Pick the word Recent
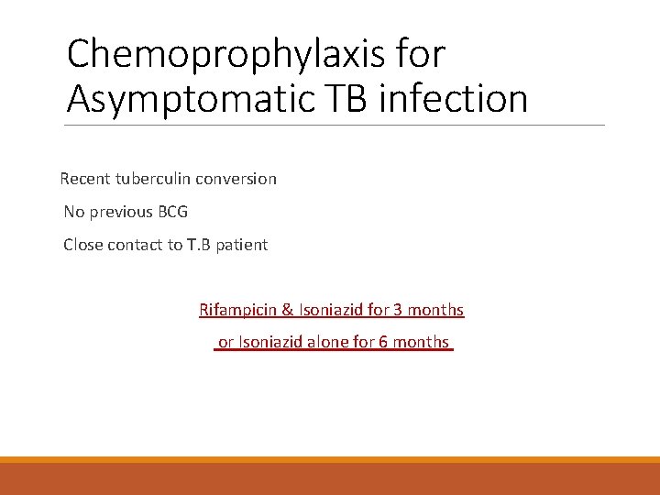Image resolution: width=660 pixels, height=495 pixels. (85, 179)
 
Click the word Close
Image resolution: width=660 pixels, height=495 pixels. (82, 245)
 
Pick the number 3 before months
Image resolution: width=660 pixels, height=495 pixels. (398, 310)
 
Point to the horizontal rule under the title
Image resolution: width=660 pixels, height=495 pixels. (335, 125)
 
